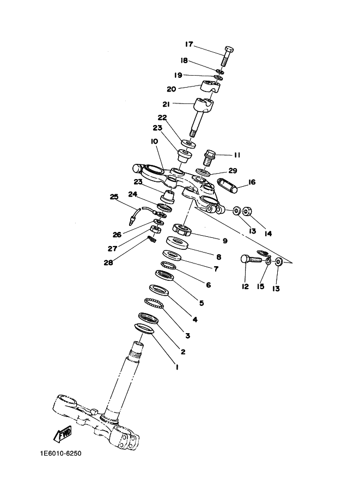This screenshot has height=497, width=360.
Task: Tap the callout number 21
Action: click(166, 104)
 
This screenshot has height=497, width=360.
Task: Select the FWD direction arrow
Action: click(63, 434)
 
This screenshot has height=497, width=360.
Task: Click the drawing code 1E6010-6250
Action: click(60, 453)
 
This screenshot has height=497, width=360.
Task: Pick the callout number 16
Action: click(252, 182)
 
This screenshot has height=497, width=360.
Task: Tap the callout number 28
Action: click(108, 262)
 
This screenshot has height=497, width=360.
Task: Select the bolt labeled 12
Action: click(253, 259)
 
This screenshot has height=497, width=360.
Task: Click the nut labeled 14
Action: click(247, 211)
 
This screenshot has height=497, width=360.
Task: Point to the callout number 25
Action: click(114, 197)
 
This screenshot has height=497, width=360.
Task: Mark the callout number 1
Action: click(177, 367)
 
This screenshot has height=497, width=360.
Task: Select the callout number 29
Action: click(233, 170)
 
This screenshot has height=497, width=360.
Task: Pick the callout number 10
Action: click(155, 142)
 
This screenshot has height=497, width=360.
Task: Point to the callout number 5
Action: click(202, 303)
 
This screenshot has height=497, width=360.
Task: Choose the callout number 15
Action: click(260, 286)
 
